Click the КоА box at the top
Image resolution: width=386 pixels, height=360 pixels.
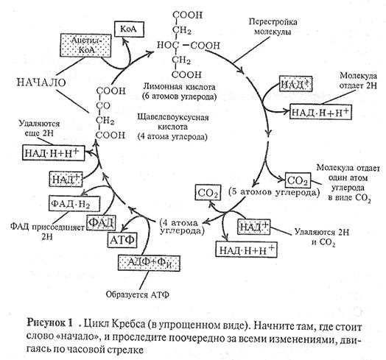click(129, 29)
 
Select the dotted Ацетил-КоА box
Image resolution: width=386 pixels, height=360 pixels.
click(85, 46)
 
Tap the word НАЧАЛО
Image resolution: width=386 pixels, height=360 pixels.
click(41, 82)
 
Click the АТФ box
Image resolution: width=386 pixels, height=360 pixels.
click(122, 240)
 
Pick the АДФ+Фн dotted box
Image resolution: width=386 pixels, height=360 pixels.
click(150, 263)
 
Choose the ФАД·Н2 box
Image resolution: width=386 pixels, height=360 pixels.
click(74, 203)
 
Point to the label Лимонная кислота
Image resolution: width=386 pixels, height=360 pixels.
click(179, 87)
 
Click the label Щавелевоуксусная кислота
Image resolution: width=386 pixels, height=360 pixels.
click(173, 121)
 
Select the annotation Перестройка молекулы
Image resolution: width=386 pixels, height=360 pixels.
click(273, 27)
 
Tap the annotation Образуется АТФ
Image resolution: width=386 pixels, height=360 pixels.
click(137, 294)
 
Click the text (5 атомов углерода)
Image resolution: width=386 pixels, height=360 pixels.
click(274, 191)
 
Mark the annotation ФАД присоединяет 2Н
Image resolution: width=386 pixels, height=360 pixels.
click(47, 231)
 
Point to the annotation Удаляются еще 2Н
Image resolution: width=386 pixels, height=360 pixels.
click(39, 128)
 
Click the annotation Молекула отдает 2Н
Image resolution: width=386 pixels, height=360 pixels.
click(358, 80)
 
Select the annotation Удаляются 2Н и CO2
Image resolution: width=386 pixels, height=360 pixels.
click(322, 238)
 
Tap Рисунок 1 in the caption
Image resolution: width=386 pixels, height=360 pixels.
click(50, 322)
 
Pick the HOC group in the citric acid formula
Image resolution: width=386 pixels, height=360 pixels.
click(168, 45)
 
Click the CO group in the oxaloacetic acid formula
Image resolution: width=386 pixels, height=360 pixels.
click(103, 106)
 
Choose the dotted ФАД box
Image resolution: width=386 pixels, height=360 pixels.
click(102, 222)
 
